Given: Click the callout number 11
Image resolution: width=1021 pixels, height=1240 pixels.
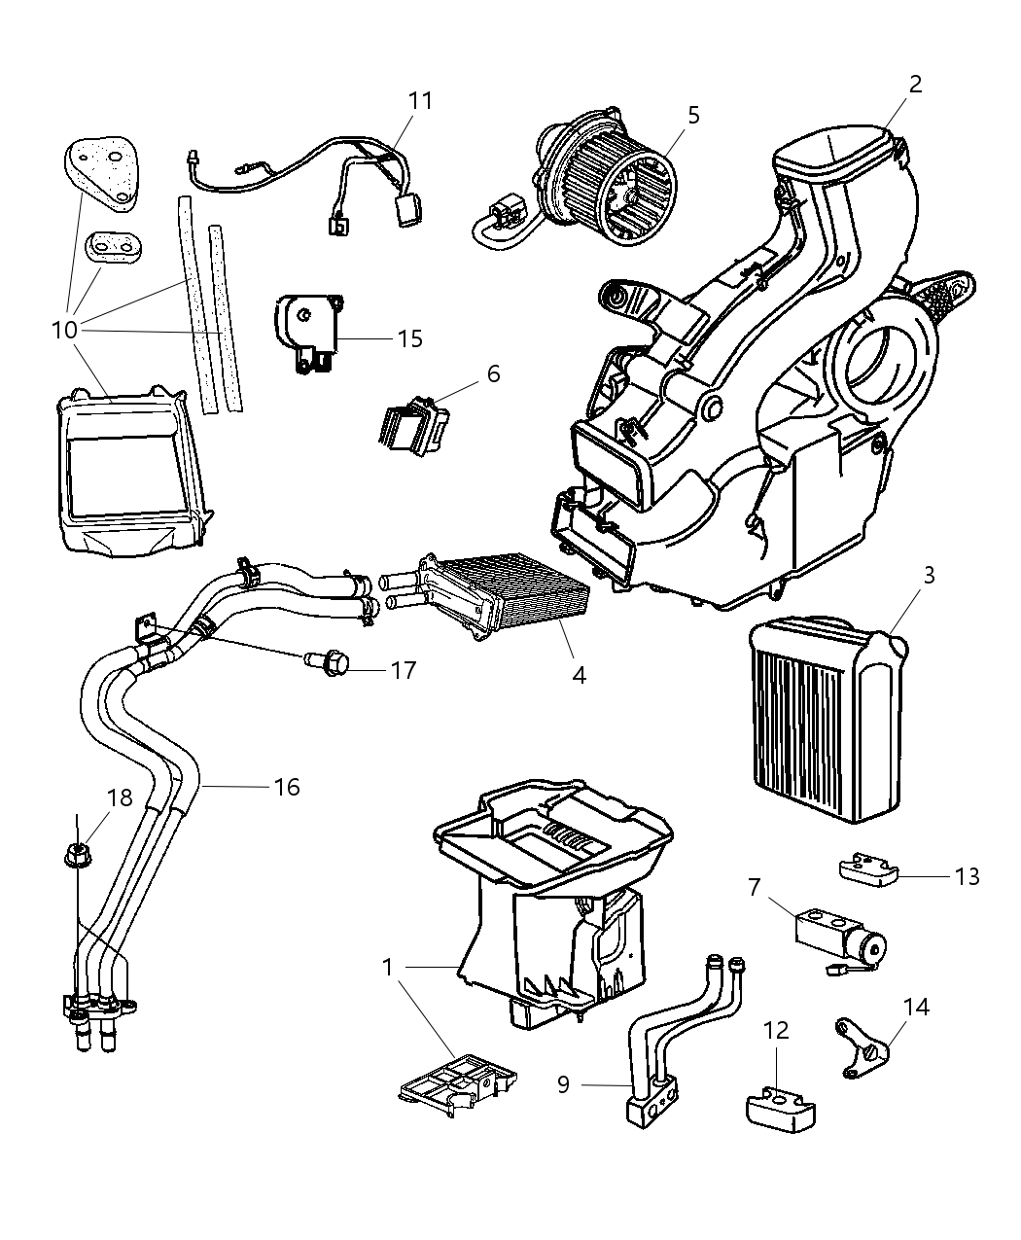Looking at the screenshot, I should (x=420, y=101).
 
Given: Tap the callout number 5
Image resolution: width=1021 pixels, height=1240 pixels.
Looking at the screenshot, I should (x=692, y=115).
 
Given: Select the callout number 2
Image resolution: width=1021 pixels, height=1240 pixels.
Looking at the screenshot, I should (x=914, y=84).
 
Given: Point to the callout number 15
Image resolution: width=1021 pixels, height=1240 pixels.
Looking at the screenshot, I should (x=409, y=338).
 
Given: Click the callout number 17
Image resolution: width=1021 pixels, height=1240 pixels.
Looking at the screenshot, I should (x=403, y=670).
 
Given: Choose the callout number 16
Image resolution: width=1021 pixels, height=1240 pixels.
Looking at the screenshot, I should (x=287, y=786).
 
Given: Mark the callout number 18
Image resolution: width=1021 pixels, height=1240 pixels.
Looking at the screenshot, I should (x=119, y=798).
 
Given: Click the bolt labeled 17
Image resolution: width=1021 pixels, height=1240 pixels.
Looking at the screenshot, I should (x=331, y=664).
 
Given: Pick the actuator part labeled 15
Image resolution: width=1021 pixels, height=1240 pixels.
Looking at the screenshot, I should (x=306, y=333).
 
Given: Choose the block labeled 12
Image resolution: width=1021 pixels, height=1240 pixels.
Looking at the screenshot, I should (x=780, y=1112).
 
